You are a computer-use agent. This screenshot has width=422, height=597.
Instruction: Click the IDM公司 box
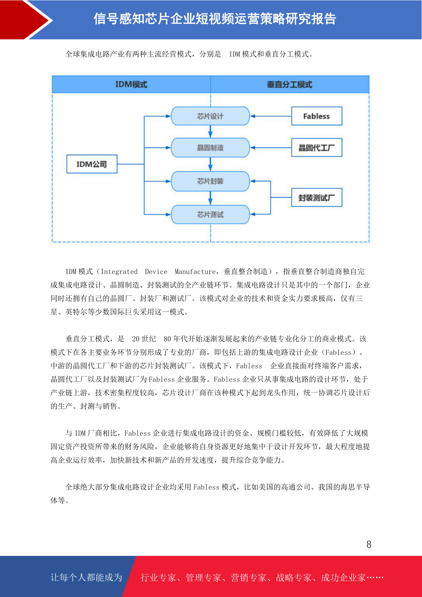pos(92,164)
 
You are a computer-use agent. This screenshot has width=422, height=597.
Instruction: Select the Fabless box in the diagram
pos(316,116)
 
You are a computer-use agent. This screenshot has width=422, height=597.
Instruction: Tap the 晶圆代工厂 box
pos(316,147)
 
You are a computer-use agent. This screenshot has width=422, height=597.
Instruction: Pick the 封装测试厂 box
pos(316,197)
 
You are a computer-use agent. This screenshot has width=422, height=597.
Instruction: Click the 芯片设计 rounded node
pos(210,116)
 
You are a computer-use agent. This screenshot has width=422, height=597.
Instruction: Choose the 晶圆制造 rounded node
pos(210,147)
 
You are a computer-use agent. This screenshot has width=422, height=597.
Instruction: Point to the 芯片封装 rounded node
pos(210,181)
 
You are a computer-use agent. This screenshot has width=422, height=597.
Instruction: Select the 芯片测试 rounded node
pos(210,214)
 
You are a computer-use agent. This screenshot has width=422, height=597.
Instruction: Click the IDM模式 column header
pos(131,84)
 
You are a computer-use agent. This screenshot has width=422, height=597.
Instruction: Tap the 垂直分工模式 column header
pos(290,84)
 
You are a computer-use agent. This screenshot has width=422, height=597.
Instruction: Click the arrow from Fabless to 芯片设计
pos(271,116)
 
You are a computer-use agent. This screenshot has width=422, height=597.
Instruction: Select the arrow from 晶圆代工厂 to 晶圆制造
pos(271,147)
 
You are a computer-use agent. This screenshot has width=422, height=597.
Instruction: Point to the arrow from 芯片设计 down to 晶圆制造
pos(210,132)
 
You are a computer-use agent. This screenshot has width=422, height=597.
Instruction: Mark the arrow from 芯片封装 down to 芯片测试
pos(210,198)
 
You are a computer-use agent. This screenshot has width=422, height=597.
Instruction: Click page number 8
pos(369,544)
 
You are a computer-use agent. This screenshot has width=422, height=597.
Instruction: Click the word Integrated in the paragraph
pos(119,272)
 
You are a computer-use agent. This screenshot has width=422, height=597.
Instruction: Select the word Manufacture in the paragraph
pos(195,272)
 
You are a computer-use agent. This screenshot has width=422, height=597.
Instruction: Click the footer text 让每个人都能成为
pos(86,577)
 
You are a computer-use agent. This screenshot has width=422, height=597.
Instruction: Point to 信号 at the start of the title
pos(106,19)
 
